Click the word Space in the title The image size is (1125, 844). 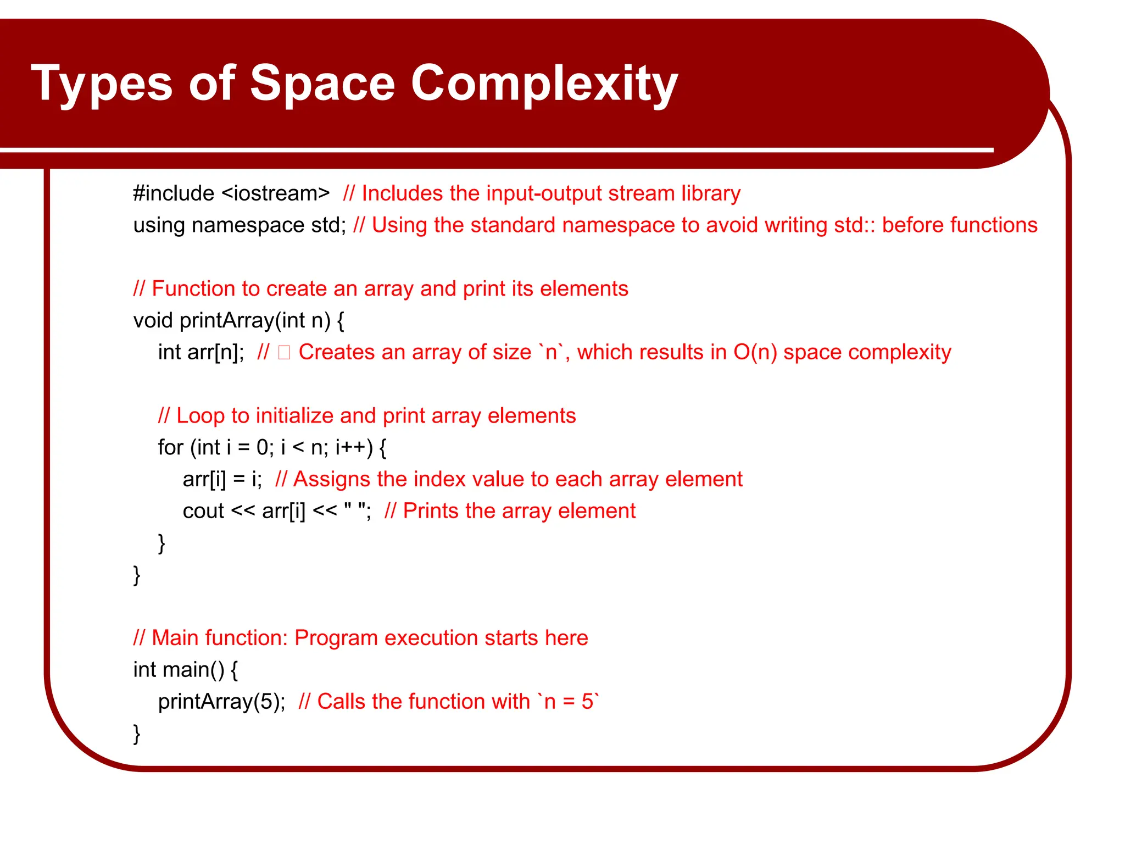click(x=322, y=84)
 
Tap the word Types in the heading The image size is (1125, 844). click(x=102, y=84)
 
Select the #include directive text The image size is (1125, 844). click(x=174, y=193)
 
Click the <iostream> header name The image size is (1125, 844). click(x=276, y=193)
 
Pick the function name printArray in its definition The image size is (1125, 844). click(x=226, y=320)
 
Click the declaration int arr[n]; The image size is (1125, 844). click(x=201, y=352)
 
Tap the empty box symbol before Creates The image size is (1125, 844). click(x=284, y=352)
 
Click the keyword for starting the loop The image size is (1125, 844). click(x=170, y=448)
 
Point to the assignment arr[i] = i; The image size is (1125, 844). click(x=222, y=479)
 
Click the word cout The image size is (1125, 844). click(x=203, y=511)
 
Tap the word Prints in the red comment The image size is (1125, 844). click(x=430, y=511)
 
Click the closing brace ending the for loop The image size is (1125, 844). click(x=161, y=543)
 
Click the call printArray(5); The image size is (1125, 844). click(x=222, y=702)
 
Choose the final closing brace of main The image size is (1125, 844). click(x=137, y=734)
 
